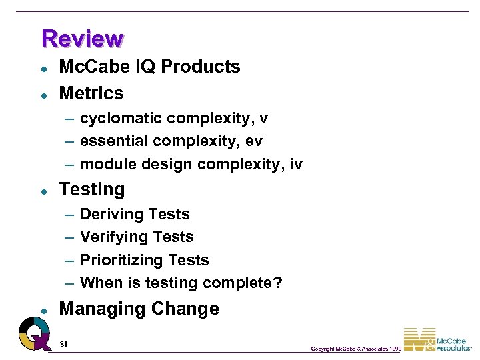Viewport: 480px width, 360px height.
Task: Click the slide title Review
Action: click(82, 39)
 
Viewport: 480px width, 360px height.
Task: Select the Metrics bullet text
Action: click(91, 93)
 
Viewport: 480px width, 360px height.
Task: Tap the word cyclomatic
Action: click(121, 119)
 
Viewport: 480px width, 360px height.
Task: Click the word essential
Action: click(114, 141)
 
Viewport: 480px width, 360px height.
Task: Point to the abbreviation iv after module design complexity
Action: click(296, 164)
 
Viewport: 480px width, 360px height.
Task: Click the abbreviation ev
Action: click(254, 141)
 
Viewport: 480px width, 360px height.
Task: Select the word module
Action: click(107, 164)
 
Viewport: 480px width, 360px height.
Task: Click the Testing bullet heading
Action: click(92, 190)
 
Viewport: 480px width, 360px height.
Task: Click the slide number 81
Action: click(64, 344)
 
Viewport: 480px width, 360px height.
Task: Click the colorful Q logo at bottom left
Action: click(33, 332)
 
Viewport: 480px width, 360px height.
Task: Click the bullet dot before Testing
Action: click(43, 191)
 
